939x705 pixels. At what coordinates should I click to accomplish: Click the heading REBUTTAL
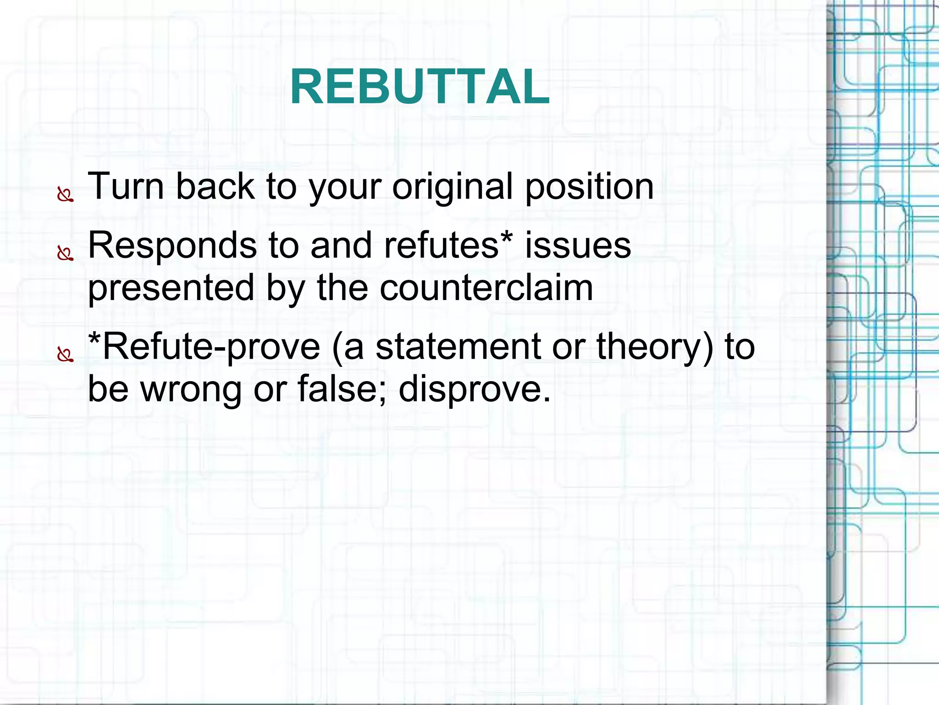pyautogui.click(x=420, y=87)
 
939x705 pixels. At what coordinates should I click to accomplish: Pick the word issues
pyautogui.click(x=578, y=245)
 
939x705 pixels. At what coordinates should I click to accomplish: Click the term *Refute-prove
pyautogui.click(x=204, y=347)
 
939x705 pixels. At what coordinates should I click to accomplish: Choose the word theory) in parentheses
pyautogui.click(x=655, y=347)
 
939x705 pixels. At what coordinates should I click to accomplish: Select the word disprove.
pyautogui.click(x=474, y=389)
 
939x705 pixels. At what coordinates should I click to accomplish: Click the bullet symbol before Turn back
pyautogui.click(x=65, y=195)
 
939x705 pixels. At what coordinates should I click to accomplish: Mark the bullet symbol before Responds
pyautogui.click(x=65, y=253)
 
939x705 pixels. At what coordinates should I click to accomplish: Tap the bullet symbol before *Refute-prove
pyautogui.click(x=65, y=355)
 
